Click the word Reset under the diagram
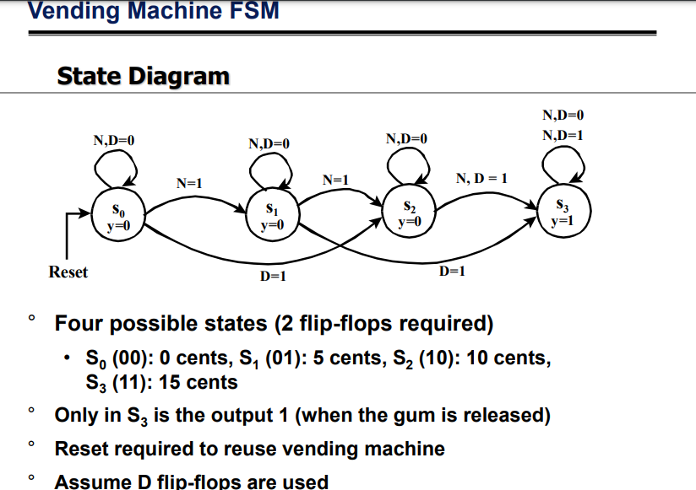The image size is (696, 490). [68, 272]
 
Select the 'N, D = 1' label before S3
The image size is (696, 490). [481, 179]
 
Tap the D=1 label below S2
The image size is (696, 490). [453, 271]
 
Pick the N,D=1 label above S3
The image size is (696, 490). [563, 135]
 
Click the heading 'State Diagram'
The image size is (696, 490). [143, 76]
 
